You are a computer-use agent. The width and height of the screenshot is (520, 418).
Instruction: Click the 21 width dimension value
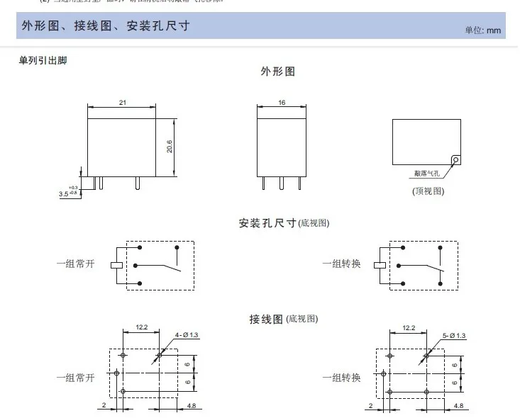[x=122, y=103]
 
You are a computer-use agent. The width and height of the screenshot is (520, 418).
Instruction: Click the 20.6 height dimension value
[x=170, y=146]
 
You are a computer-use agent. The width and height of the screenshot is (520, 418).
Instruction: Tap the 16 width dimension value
[x=282, y=103]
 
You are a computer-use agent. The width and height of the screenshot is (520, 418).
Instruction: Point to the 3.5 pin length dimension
[x=63, y=192]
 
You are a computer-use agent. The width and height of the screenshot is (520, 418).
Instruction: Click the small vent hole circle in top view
[x=455, y=160]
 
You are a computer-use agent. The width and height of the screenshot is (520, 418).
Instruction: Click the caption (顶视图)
[x=428, y=191]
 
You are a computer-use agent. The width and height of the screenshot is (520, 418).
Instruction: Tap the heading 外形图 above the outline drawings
[x=278, y=72]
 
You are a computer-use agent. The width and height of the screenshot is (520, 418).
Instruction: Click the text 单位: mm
[x=482, y=30]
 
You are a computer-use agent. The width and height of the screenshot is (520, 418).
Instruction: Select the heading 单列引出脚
[x=43, y=60]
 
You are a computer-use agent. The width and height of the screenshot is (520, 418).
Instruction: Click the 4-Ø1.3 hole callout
[x=187, y=334]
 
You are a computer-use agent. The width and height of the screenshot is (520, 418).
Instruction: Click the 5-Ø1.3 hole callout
[x=452, y=334]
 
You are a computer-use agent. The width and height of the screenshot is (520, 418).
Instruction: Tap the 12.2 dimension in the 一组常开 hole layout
[x=140, y=328]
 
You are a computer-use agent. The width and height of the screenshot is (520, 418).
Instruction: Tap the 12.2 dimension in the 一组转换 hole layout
[x=408, y=328]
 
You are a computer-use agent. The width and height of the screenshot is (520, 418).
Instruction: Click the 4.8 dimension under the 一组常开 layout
[x=191, y=405]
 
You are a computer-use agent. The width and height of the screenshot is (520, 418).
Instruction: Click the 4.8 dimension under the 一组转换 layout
[x=458, y=405]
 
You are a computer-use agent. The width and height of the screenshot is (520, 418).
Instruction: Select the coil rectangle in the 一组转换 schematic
[x=382, y=265]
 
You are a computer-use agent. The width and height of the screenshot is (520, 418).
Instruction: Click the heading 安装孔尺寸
[x=267, y=223]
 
